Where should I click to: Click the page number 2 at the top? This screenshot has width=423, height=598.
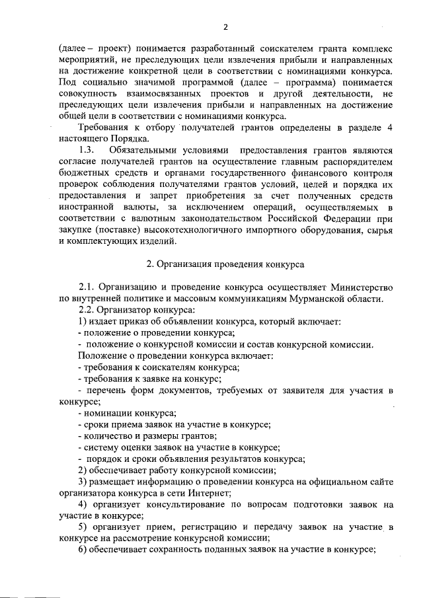[225, 27]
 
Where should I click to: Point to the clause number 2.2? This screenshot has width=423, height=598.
[87, 310]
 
